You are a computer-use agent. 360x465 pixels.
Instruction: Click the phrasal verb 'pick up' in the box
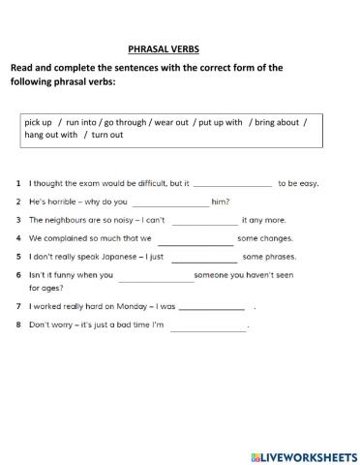point(38,122)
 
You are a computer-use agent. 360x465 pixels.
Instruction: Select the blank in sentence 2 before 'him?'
point(168,202)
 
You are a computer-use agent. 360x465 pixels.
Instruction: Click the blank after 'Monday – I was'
point(212,307)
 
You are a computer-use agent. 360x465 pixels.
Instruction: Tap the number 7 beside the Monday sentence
point(18,306)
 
